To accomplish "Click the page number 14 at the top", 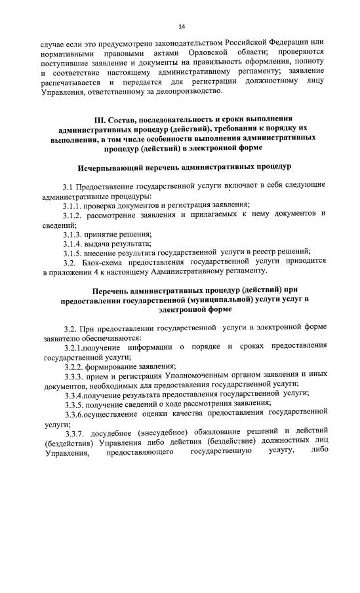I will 182,27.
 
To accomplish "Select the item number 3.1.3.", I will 73,233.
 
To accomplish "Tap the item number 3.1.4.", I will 73,243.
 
